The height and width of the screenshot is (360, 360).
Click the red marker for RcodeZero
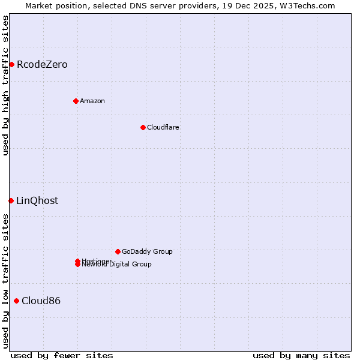click(x=11, y=64)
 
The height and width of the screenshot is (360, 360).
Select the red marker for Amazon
click(x=76, y=101)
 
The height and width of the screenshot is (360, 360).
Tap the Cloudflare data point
click(x=143, y=127)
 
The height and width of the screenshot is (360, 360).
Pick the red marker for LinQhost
click(x=11, y=200)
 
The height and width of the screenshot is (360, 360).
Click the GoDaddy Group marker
click(x=118, y=251)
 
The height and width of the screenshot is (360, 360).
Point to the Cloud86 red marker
click(x=16, y=301)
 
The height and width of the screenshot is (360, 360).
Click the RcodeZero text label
click(x=42, y=64)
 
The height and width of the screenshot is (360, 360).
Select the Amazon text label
click(x=92, y=101)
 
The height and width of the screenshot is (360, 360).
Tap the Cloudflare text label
click(x=163, y=127)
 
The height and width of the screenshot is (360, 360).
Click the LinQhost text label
click(x=37, y=200)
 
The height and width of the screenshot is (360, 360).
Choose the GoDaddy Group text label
click(x=147, y=251)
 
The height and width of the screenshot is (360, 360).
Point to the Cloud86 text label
click(x=41, y=301)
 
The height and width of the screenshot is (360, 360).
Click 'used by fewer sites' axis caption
click(x=62, y=355)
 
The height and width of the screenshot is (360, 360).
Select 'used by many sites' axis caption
click(x=301, y=355)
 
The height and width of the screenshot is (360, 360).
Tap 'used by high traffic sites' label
click(x=5, y=85)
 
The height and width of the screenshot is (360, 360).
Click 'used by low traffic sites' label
click(x=5, y=281)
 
